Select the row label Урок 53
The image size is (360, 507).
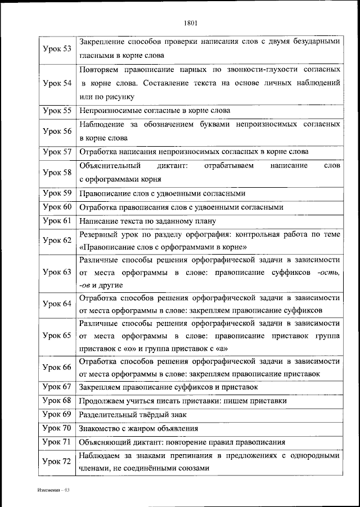[57, 48]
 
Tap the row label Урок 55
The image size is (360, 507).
[57, 111]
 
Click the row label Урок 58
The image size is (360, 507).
[57, 173]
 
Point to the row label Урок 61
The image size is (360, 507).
[57, 220]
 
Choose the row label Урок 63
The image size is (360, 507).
[57, 272]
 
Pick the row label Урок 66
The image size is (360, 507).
[57, 367]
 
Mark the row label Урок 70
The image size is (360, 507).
[57, 428]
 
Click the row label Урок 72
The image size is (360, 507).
[57, 461]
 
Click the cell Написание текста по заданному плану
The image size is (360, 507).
[147, 221]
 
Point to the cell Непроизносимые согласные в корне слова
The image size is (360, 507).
[155, 111]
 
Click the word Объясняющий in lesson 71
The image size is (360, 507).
[102, 441]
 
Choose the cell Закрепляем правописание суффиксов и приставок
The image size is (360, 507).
[168, 387]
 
